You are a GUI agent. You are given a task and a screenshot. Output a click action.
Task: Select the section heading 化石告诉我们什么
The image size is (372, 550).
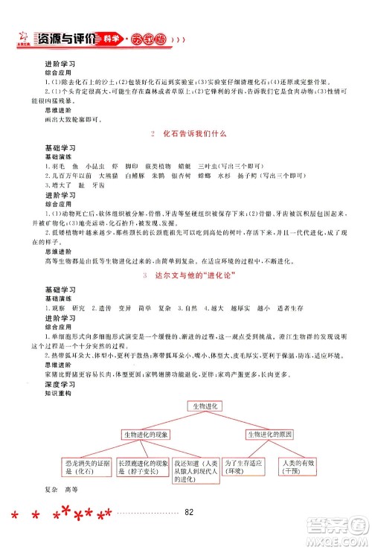tap(187, 134)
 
